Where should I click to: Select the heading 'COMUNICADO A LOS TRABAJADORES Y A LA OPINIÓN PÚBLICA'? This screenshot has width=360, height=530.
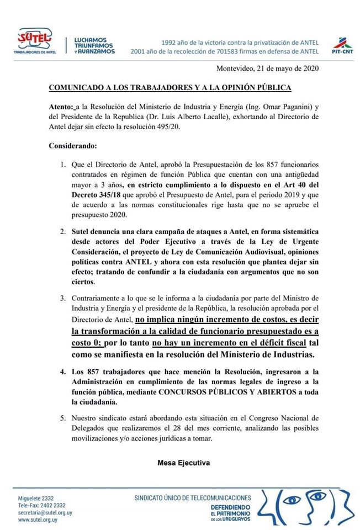click(170, 88)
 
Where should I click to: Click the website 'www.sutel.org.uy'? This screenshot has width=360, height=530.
click(38, 520)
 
